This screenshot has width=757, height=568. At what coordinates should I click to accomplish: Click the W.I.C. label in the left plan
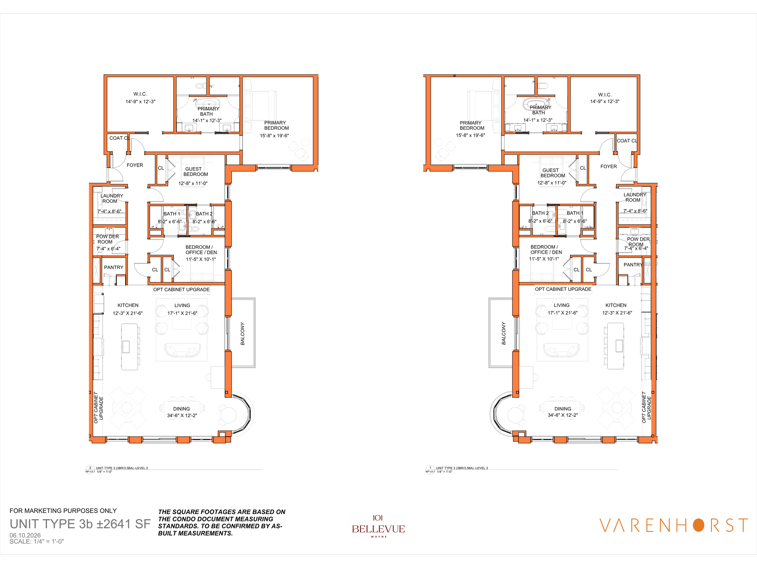tap(140, 94)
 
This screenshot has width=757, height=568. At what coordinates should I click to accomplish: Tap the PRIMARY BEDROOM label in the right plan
tap(472, 125)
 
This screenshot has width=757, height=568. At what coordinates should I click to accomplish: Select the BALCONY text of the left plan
tap(243, 334)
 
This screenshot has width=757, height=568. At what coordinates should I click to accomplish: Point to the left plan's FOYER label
tap(135, 165)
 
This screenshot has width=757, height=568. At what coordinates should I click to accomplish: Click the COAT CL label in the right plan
tap(627, 141)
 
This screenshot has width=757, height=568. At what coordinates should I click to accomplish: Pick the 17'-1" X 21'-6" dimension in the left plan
tap(182, 313)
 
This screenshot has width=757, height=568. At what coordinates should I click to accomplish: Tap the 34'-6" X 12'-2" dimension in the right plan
tap(563, 415)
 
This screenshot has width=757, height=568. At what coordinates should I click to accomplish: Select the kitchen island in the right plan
tap(615, 347)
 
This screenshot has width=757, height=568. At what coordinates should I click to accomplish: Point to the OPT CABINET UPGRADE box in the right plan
tap(563, 289)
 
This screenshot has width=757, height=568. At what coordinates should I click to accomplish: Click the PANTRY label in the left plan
tap(114, 267)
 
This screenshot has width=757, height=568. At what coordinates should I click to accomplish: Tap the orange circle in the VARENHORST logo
tap(699, 525)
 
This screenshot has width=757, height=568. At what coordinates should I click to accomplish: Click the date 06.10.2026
tap(25, 535)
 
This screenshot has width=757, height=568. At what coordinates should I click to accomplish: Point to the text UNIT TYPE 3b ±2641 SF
tap(80, 524)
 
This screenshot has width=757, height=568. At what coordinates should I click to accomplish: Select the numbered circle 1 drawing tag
tap(430, 468)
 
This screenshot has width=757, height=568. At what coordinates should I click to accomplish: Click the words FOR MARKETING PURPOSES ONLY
tap(63, 510)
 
